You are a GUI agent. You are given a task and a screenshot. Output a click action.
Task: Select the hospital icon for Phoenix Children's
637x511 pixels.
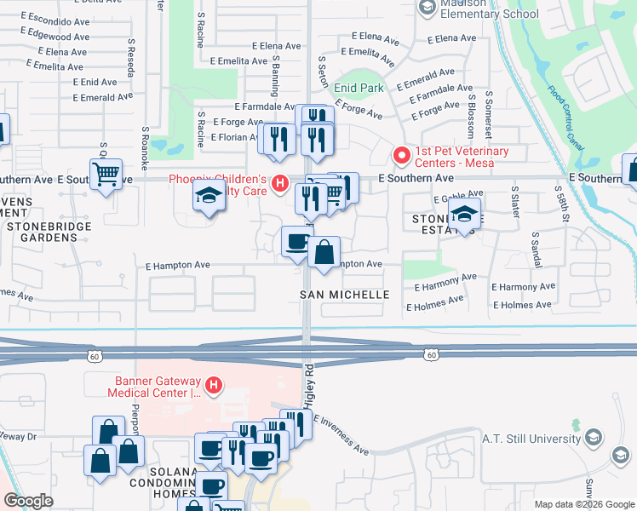tap(279, 183)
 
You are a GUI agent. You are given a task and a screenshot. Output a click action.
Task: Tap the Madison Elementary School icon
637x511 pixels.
tap(428, 7)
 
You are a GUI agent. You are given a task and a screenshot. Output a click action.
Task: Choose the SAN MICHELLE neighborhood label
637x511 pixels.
tap(344, 295)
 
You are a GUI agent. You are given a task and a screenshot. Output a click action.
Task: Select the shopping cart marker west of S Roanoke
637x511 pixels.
tap(106, 175)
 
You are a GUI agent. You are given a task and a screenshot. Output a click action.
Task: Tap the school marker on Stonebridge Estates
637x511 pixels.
tap(464, 213)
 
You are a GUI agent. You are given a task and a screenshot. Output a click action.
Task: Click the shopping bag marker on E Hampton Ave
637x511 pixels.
tap(324, 252)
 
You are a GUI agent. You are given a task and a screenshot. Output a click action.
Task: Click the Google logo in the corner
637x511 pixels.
tap(28, 501)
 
